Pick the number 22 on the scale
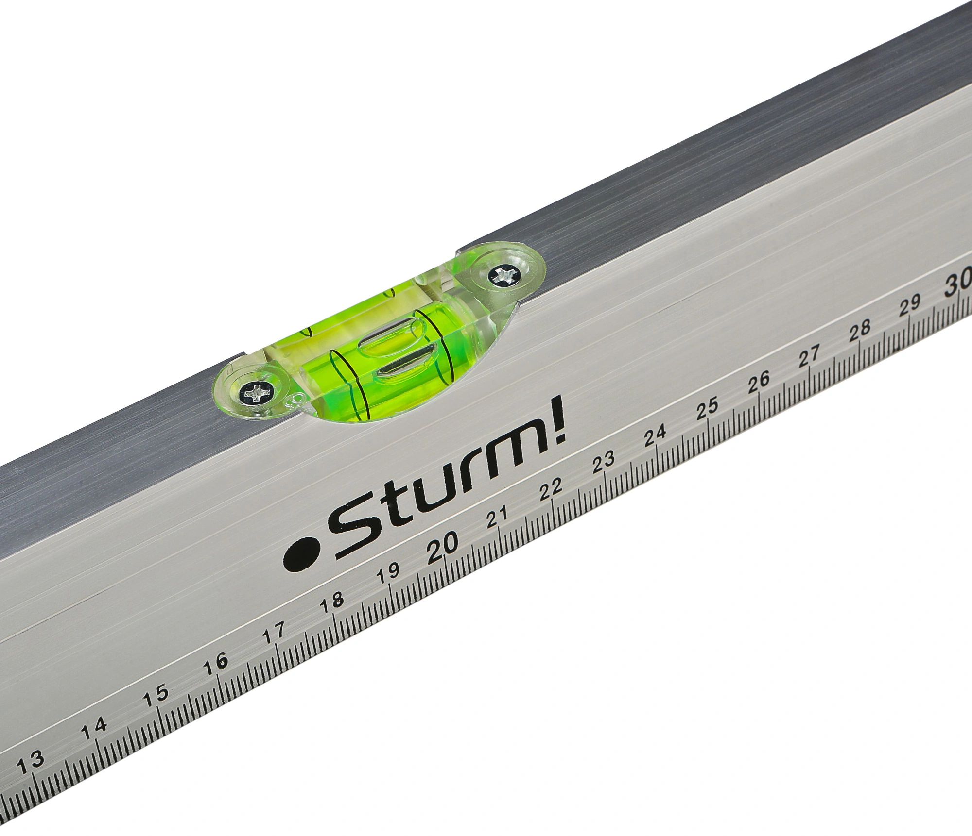[551, 487]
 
